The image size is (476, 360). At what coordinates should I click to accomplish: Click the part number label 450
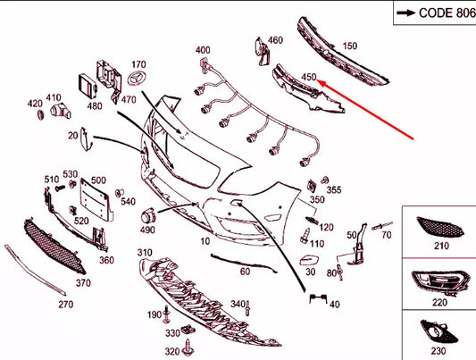coord(309,77)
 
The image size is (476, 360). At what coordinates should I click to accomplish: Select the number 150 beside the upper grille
coord(350,46)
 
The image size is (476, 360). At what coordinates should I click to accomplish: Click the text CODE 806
coord(447,13)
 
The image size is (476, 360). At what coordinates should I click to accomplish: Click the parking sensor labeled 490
coord(149,216)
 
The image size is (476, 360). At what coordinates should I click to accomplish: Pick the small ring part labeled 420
coord(41,114)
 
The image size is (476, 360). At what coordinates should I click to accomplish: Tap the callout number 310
coord(145,252)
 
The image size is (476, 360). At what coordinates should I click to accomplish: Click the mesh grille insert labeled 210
coord(440,228)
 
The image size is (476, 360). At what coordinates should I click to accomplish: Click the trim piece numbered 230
coord(439,332)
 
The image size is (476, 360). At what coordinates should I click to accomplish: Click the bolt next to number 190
coord(166,314)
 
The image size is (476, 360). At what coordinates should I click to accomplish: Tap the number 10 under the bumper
coord(205,241)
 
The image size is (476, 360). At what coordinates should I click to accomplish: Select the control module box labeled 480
coord(88,87)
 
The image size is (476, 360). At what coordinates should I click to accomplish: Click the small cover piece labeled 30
coord(310,261)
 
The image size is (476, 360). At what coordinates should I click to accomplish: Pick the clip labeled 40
coord(318,298)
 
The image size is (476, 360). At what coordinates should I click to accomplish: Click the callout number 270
coord(66,304)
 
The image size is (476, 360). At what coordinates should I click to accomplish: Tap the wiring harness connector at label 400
coord(204,66)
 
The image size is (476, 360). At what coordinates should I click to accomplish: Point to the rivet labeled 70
coord(382,226)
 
